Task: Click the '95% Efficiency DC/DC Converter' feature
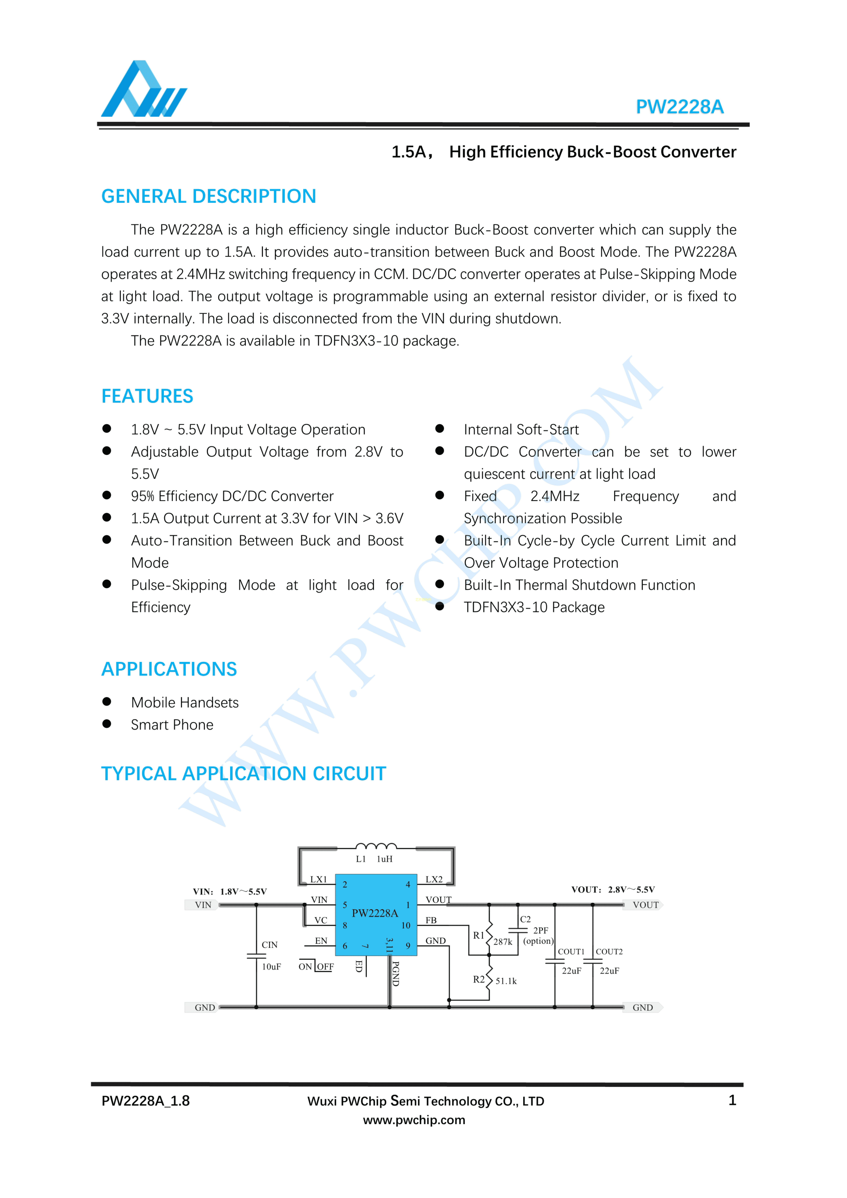(232, 496)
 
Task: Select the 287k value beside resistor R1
(503, 942)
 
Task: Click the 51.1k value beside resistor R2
(506, 981)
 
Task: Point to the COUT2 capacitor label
(609, 952)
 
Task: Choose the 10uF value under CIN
(271, 967)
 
